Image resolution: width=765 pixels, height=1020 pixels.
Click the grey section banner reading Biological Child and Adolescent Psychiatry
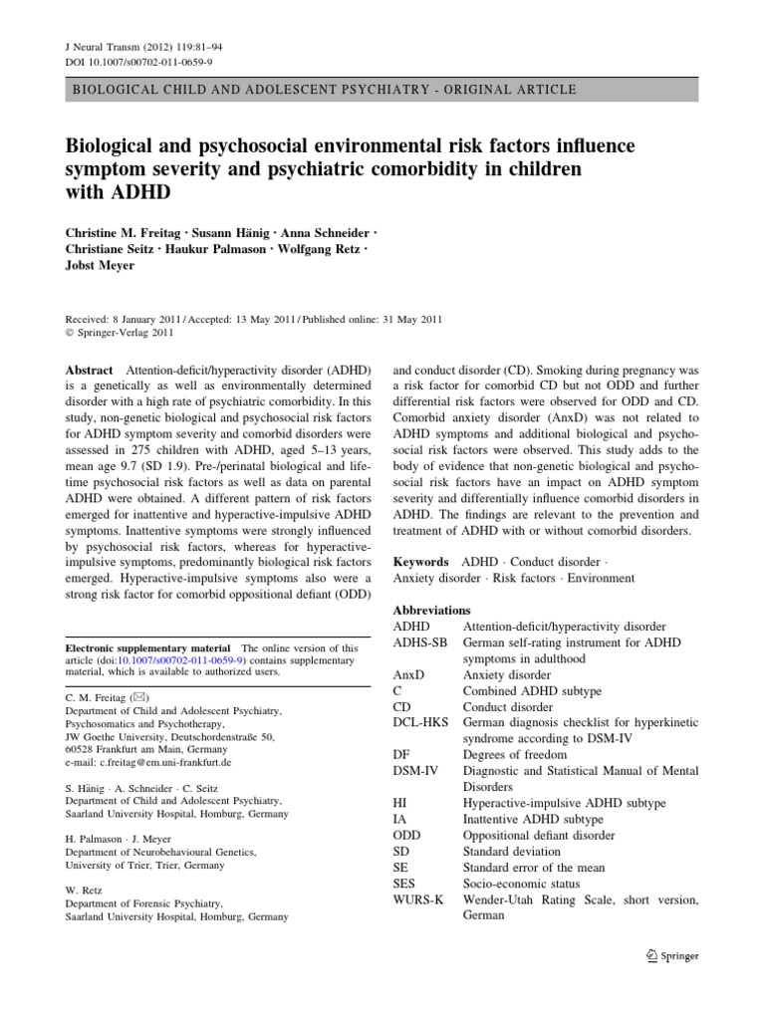pos(324,90)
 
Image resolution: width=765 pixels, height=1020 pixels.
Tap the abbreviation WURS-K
pos(425,899)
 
